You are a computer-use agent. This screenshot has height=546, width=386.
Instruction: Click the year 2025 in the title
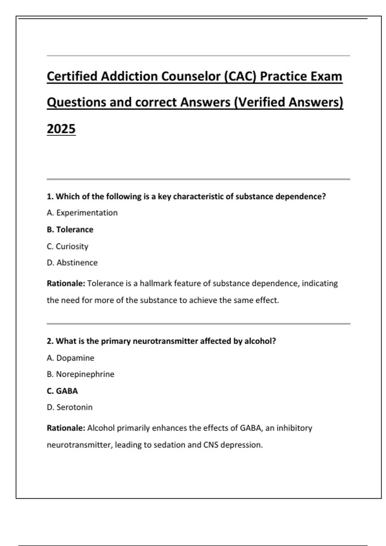61,129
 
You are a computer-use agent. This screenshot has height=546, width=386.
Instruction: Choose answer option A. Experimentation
82,213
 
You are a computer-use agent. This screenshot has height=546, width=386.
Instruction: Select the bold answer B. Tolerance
70,230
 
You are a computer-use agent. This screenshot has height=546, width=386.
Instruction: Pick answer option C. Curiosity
67,246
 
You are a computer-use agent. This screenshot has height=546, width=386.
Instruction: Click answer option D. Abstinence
72,263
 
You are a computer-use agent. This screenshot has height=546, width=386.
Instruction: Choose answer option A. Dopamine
70,358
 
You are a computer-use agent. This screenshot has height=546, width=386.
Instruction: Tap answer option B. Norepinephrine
80,374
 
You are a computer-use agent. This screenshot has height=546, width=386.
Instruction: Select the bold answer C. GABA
62,391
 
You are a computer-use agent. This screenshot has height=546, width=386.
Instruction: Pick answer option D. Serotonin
69,407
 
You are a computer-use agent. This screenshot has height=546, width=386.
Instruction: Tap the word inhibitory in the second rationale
294,428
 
